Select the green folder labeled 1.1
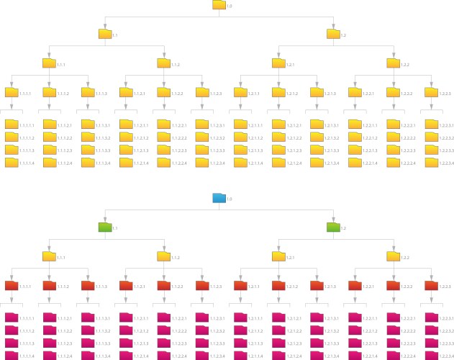pyautogui.click(x=105, y=228)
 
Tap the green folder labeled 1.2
pyautogui.click(x=332, y=228)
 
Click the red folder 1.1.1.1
pyautogui.click(x=11, y=286)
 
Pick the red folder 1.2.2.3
pyautogui.click(x=430, y=286)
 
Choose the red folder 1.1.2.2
pyautogui.click(x=163, y=286)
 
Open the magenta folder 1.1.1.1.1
pyautogui.click(x=11, y=318)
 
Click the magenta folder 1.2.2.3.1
pyautogui.click(x=430, y=318)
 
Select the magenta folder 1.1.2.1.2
pyautogui.click(x=125, y=330)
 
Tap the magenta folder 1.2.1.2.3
pyautogui.click(x=278, y=343)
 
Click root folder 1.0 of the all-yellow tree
pyautogui.click(x=219, y=5)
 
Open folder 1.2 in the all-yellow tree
pyautogui.click(x=332, y=34)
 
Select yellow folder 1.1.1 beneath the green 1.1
pyautogui.click(x=49, y=256)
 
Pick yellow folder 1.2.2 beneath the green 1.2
pyautogui.click(x=392, y=256)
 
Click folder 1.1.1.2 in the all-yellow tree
pyautogui.click(x=49, y=92)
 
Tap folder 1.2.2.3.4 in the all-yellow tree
pyautogui.click(x=430, y=163)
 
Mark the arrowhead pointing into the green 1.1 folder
pyautogui.click(x=105, y=220)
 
